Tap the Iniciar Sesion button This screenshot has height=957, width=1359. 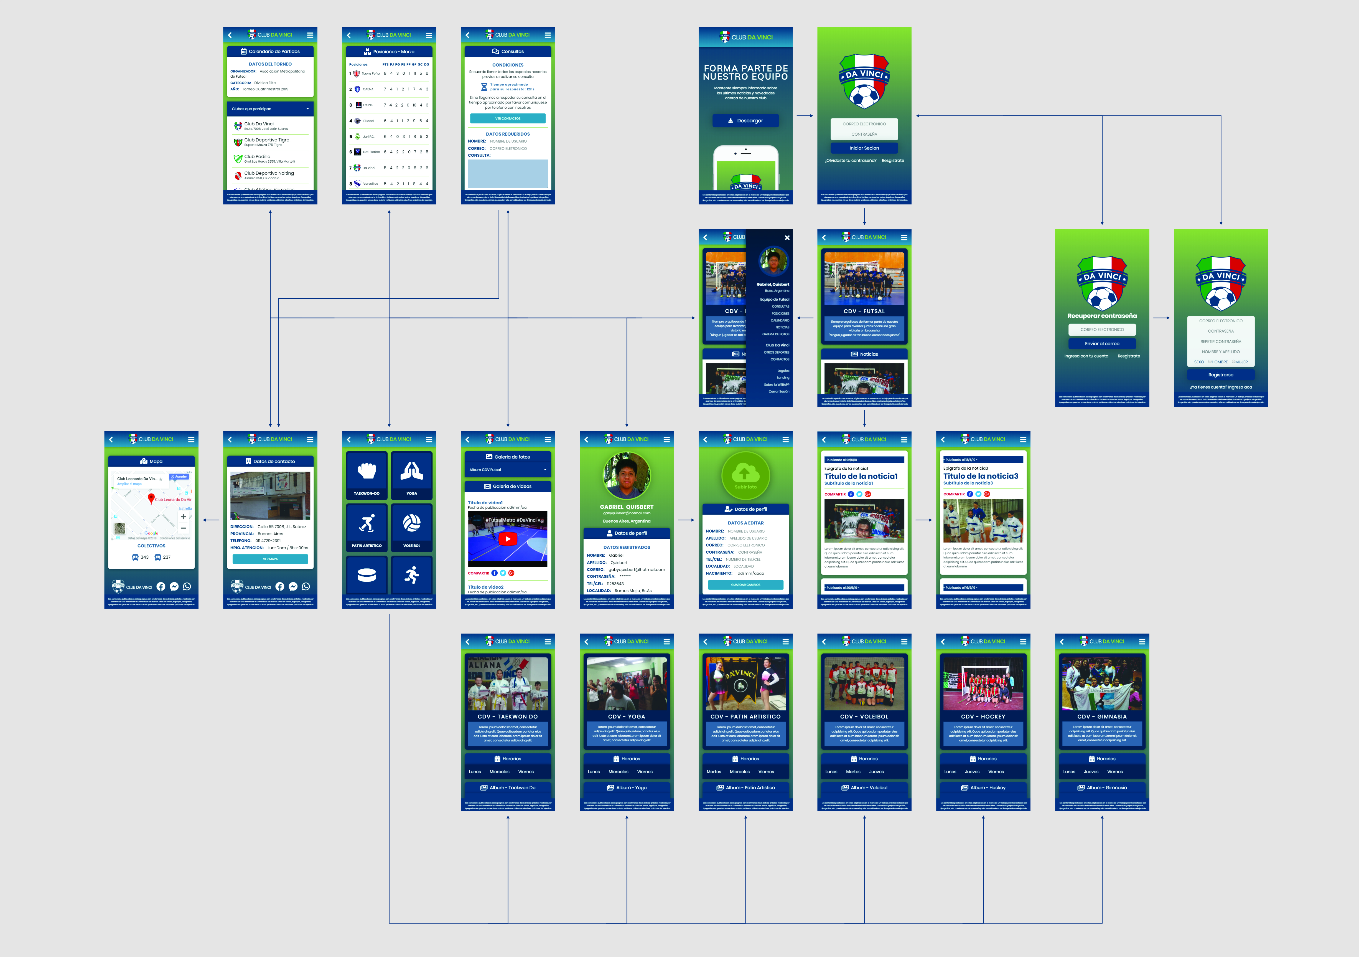click(864, 148)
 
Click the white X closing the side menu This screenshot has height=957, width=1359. click(787, 237)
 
